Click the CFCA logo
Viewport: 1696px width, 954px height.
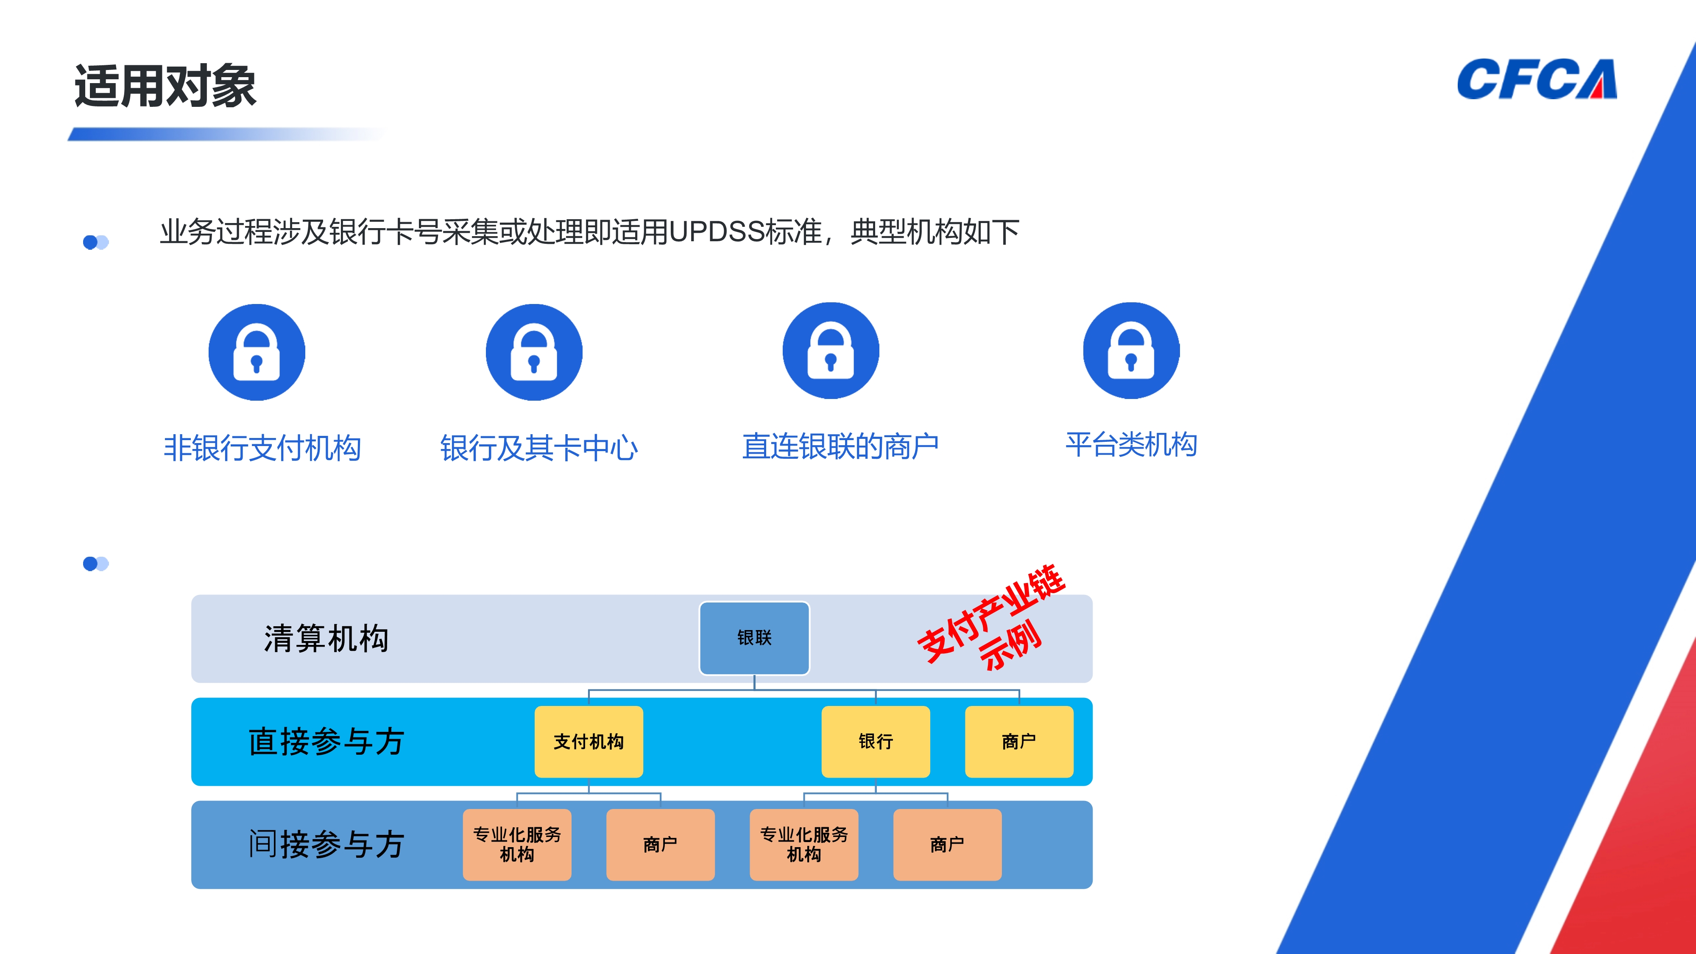click(x=1536, y=80)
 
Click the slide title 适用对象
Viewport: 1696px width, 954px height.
click(x=165, y=86)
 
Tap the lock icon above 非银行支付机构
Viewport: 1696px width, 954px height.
click(x=257, y=352)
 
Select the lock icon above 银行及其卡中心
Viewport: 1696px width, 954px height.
click(x=534, y=352)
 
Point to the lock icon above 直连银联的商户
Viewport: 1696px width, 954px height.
click(x=831, y=351)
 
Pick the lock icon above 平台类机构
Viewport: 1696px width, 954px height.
click(x=1131, y=351)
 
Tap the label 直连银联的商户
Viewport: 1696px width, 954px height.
click(x=840, y=446)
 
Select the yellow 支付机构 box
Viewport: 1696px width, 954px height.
click(x=589, y=741)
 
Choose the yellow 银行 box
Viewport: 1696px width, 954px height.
click(x=876, y=741)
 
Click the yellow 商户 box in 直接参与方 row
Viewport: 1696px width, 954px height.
click(x=1018, y=741)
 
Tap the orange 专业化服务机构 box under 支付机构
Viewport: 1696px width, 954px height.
click(x=517, y=845)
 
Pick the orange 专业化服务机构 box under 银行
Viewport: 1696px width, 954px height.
click(x=804, y=845)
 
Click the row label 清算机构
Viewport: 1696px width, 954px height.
click(x=326, y=639)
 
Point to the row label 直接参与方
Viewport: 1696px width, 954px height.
click(x=326, y=742)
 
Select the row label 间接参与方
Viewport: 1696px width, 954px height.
click(x=326, y=845)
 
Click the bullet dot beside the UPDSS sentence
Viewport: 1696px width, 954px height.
click(x=95, y=242)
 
